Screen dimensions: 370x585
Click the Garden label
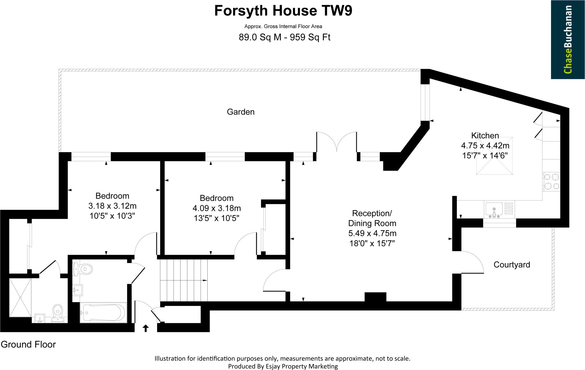[x=241, y=112]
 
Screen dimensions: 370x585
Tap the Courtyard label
[x=512, y=265]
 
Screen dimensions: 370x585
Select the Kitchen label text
[x=485, y=136]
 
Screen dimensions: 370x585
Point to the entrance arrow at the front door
[x=146, y=328]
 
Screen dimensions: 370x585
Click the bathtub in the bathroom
[x=103, y=313]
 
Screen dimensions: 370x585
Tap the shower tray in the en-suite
[x=20, y=298]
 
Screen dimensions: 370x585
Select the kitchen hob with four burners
[x=552, y=182]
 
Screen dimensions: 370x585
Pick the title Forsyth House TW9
[x=283, y=11]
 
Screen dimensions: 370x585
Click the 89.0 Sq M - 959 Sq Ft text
[x=285, y=38]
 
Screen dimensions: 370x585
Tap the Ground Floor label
[x=28, y=345]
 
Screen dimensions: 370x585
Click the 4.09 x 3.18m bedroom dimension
[x=217, y=208]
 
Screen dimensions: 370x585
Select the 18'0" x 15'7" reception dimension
[x=372, y=243]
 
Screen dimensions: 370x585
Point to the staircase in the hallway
[x=183, y=280]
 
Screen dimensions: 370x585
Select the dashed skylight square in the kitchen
[x=494, y=156]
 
